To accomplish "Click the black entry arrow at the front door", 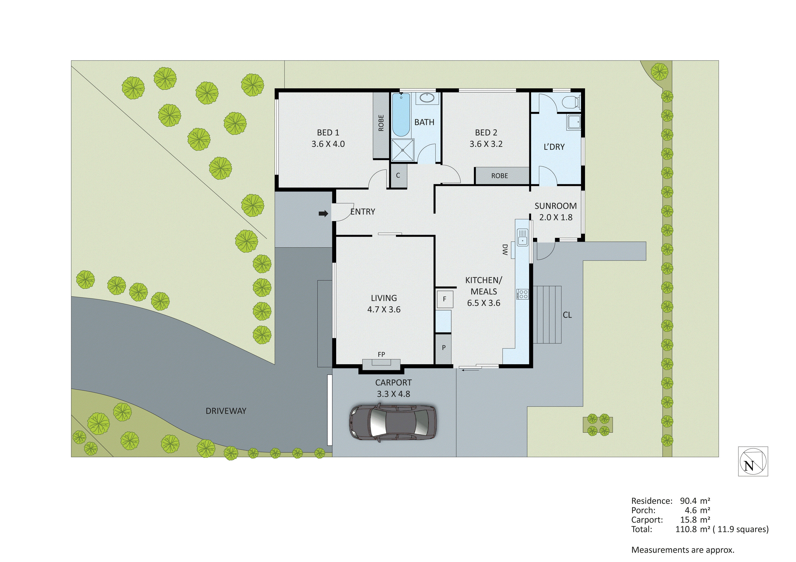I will (x=323, y=214).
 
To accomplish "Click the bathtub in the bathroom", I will (x=401, y=115).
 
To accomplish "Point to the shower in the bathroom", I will (x=402, y=150).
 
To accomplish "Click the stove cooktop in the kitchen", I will (x=522, y=294).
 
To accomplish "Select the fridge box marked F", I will (x=444, y=299).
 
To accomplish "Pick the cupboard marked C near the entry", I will (x=398, y=176).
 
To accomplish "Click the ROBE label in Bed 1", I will (x=381, y=123).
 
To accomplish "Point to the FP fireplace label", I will (x=381, y=354).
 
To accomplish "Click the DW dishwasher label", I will (x=505, y=250).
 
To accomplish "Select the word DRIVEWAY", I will (x=226, y=411).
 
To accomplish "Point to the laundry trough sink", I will (x=574, y=122).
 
